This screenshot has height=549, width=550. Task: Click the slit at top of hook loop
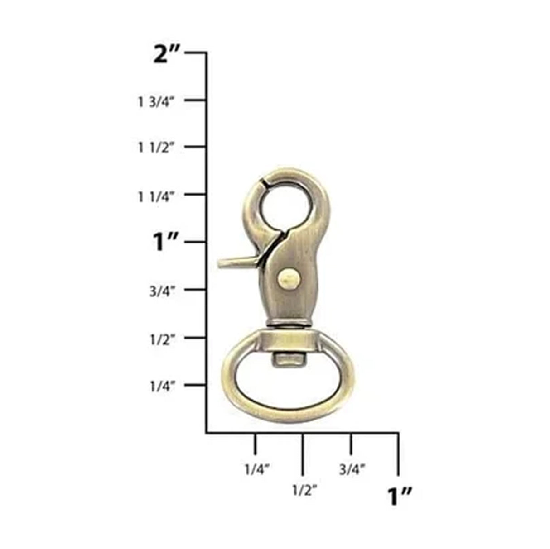pyautogui.click(x=261, y=185)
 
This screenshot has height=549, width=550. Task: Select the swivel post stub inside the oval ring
pyautogui.click(x=288, y=360)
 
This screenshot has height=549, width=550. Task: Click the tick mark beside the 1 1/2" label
pyautogui.click(x=195, y=147)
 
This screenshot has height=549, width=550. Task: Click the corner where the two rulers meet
pyautogui.click(x=207, y=433)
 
